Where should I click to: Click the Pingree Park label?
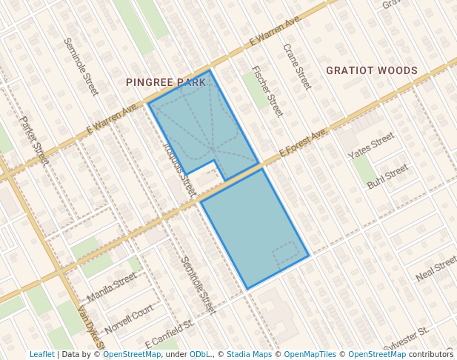(165, 82)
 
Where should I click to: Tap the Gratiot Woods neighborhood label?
(372, 71)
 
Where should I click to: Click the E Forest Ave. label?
(304, 142)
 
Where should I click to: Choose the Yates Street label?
(371, 145)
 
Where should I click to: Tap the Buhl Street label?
(387, 176)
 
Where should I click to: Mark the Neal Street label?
(436, 268)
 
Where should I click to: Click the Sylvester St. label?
(406, 339)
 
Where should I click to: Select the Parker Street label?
(34, 140)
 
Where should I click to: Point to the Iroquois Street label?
(178, 167)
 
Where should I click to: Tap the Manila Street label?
(112, 287)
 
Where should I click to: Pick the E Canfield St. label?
(170, 334)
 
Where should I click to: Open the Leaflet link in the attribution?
(41, 355)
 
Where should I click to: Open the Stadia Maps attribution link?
(249, 355)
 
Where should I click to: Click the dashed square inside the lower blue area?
(286, 256)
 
